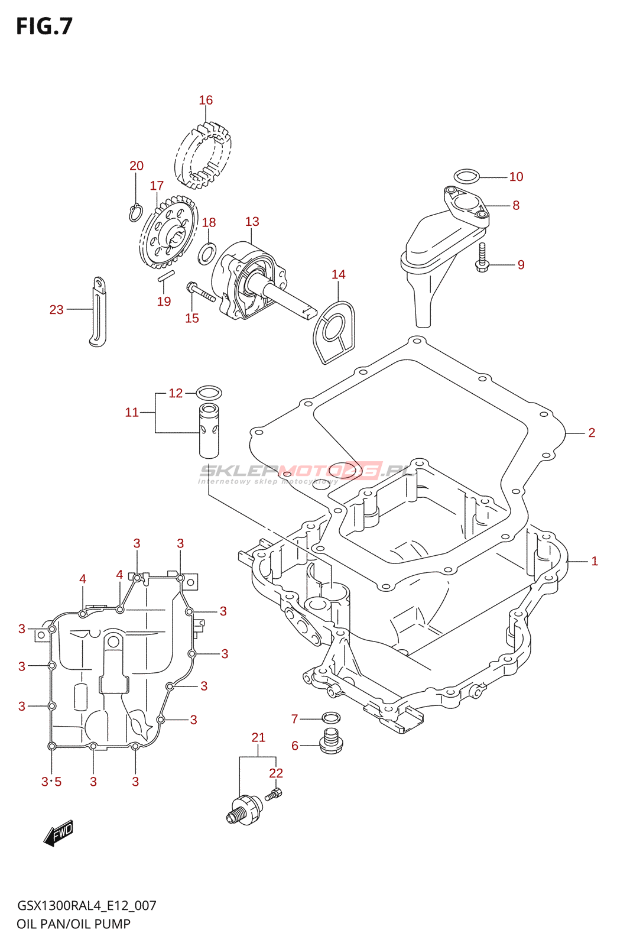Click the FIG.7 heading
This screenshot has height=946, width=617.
(44, 26)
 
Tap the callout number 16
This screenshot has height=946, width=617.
(206, 100)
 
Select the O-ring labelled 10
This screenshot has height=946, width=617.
(466, 176)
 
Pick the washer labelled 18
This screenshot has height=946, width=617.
(207, 254)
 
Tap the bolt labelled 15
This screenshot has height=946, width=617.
(200, 292)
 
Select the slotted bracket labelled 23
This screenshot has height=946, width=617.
(98, 312)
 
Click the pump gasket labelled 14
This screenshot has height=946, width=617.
(333, 332)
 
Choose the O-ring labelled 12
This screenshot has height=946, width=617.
(209, 393)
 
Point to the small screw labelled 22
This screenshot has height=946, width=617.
(274, 795)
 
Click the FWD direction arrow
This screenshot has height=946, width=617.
(59, 834)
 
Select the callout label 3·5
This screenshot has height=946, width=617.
(51, 782)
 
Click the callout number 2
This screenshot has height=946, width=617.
(591, 432)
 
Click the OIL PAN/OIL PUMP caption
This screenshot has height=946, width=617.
(73, 924)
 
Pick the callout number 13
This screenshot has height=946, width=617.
(252, 221)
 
